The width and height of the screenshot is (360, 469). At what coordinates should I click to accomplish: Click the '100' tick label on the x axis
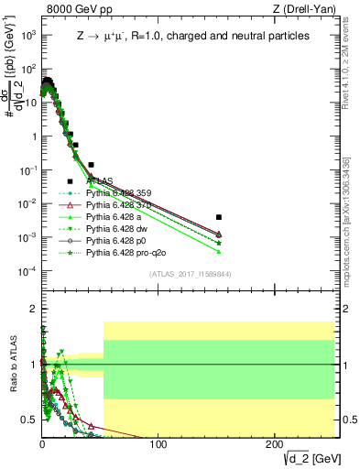[158, 443]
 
